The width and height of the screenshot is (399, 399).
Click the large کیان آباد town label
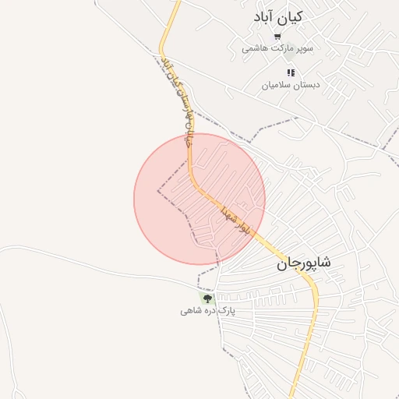(x=278, y=16)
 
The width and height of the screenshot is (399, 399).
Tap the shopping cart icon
(x=277, y=36)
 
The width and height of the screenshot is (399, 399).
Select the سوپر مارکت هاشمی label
(x=277, y=48)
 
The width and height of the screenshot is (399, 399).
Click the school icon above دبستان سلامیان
(x=291, y=72)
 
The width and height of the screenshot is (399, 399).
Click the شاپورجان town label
(x=302, y=264)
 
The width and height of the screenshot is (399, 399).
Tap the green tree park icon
(x=207, y=298)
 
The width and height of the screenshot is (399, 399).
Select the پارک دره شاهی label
(x=207, y=311)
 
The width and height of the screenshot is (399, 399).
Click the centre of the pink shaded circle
(x=199, y=199)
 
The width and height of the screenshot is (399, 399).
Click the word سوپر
(x=304, y=48)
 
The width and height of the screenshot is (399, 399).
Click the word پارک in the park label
(x=226, y=311)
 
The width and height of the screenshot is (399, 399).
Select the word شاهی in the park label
(x=191, y=311)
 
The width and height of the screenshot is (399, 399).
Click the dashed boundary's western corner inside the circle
(x=158, y=189)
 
